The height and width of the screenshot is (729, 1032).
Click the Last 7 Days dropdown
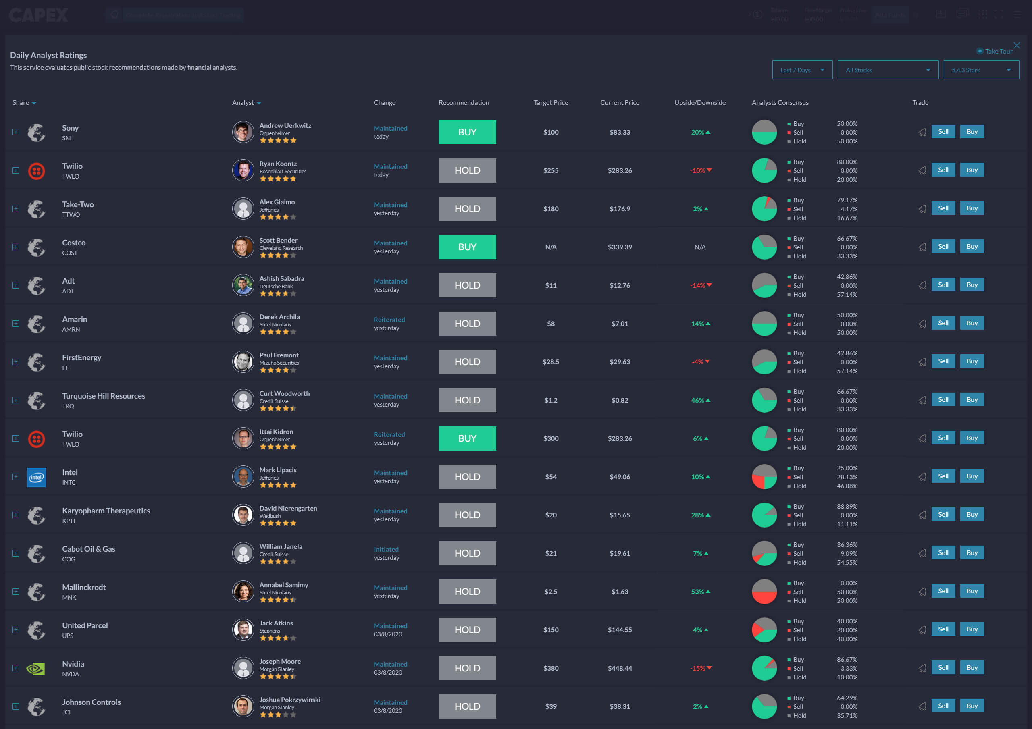pos(802,70)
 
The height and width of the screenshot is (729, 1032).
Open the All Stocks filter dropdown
pos(888,70)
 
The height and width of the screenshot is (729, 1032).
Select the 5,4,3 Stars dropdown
pos(981,70)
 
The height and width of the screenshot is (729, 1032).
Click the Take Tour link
pos(998,52)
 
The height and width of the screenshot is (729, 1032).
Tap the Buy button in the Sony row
pos(972,132)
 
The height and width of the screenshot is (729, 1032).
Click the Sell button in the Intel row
pos(943,476)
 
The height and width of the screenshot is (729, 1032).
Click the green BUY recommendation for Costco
pos(467,247)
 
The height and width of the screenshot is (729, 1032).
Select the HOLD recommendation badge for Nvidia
pos(467,668)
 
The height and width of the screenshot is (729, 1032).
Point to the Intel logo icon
pos(36,477)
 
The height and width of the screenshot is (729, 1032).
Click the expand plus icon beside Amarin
pos(16,324)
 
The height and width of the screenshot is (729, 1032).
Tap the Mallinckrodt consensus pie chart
pos(764,592)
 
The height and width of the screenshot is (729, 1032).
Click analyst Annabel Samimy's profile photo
pos(243,592)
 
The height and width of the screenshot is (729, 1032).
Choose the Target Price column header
pos(551,102)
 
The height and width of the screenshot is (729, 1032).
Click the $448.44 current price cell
pos(619,668)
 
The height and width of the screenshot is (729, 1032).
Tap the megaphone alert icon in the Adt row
pos(922,285)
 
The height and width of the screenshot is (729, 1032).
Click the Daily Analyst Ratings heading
pos(48,55)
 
